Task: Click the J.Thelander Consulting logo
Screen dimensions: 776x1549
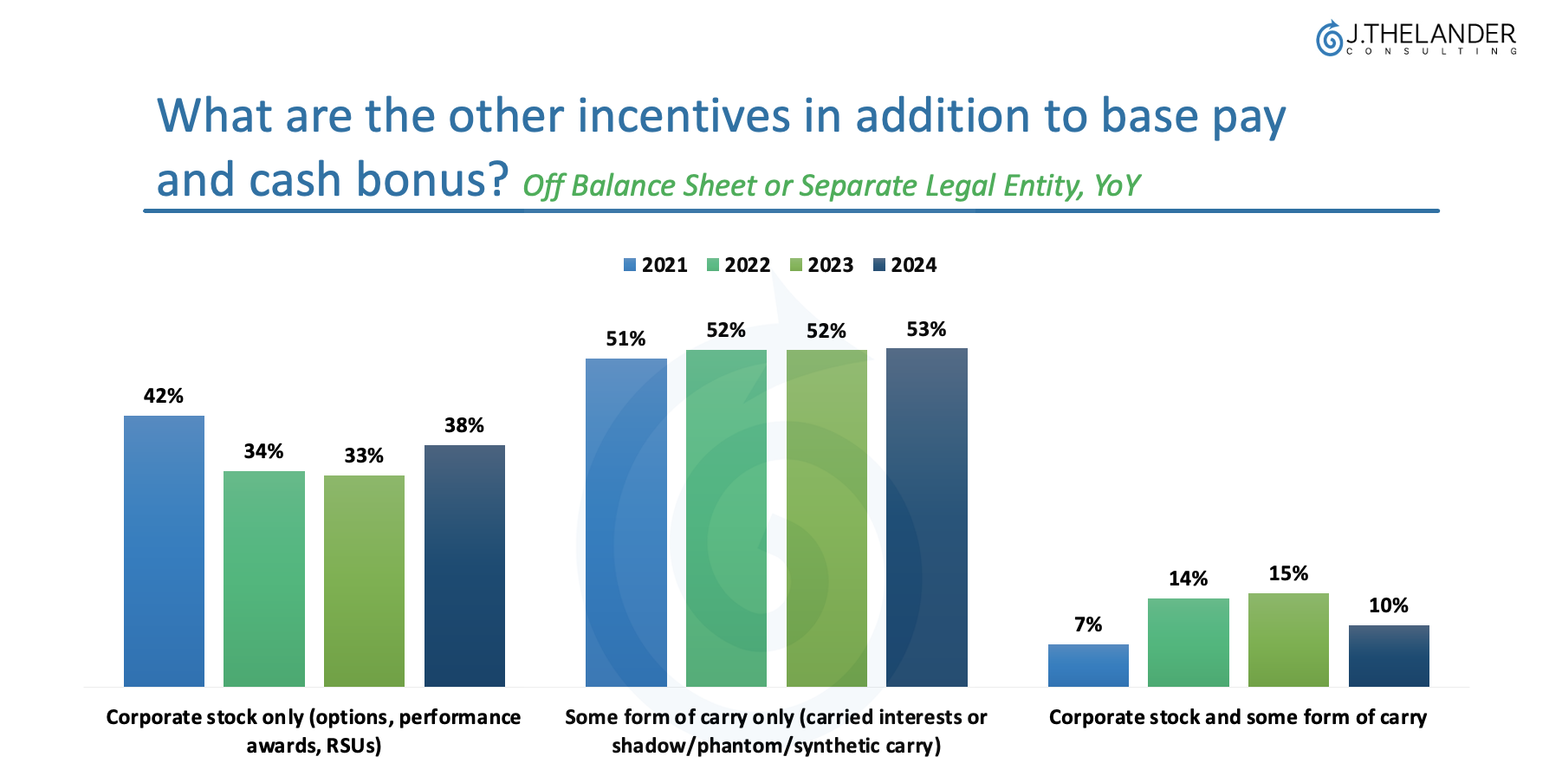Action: pos(1416,39)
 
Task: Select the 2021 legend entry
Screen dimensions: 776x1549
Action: pos(656,265)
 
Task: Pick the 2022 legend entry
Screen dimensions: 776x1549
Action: pos(739,265)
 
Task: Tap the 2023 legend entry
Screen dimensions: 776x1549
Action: pos(822,265)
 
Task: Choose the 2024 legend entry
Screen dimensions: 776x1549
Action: pos(905,265)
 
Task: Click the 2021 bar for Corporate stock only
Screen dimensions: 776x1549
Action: pos(164,551)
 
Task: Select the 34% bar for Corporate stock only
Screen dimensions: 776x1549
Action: pos(264,579)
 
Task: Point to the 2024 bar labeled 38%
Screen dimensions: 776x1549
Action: pos(464,566)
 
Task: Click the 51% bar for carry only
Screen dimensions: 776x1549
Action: pos(626,522)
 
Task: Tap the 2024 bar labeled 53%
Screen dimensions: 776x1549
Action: pos(927,517)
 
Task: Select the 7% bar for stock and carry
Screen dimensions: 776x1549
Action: pos(1088,665)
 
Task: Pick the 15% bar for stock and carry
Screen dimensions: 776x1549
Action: pos(1288,640)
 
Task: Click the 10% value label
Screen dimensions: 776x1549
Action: pos(1388,605)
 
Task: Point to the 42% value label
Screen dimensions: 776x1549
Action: pos(164,396)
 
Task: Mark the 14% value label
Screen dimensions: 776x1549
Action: pos(1188,579)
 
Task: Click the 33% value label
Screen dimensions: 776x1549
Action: pos(364,456)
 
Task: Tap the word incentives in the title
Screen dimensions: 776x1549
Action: pos(684,115)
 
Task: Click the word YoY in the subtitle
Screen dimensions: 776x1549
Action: pos(1117,185)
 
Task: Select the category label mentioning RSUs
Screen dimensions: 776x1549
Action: pos(314,731)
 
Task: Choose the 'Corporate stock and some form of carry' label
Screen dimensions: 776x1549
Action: pos(1237,717)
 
